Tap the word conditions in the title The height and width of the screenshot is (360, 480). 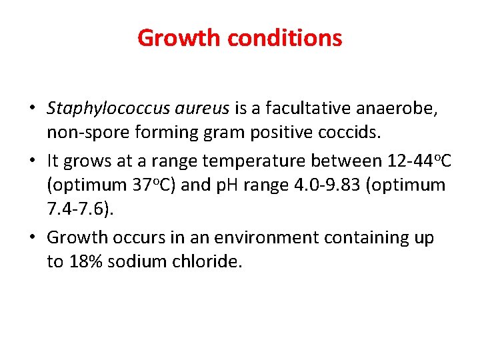click(285, 38)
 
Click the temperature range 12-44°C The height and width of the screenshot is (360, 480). click(413, 161)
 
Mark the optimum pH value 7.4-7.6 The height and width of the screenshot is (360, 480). click(78, 209)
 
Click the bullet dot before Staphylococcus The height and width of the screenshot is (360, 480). click(32, 109)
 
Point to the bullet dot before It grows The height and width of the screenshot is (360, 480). click(32, 161)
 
